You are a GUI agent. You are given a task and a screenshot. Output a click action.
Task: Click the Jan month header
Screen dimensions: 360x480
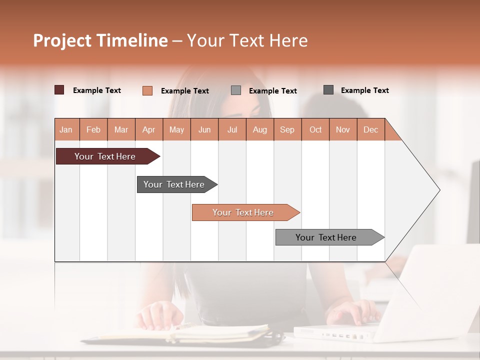point(66,129)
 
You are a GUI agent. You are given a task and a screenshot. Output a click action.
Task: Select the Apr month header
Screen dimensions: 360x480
point(148,129)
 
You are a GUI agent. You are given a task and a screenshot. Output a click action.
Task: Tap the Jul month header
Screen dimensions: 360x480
point(232,129)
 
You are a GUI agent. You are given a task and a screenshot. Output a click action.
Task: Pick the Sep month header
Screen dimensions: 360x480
point(287,129)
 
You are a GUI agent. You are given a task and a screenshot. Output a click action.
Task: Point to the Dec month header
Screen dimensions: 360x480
point(370,129)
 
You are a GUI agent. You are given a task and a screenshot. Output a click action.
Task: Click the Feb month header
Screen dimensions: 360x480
point(93,129)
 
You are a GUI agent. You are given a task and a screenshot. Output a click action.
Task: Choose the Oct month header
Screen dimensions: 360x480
point(315,129)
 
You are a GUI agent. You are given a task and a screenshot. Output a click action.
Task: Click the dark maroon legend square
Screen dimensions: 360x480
point(59,90)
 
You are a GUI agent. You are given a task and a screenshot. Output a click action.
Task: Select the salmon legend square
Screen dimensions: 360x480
point(147,90)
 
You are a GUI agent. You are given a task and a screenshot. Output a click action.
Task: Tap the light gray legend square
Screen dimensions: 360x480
point(236,90)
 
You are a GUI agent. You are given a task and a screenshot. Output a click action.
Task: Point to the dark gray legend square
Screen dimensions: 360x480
point(328,90)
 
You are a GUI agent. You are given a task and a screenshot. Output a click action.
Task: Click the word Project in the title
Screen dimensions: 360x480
point(62,40)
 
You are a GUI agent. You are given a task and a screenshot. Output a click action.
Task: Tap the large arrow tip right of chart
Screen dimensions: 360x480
point(425,190)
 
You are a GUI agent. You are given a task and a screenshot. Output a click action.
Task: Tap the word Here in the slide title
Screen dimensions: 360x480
point(288,40)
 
